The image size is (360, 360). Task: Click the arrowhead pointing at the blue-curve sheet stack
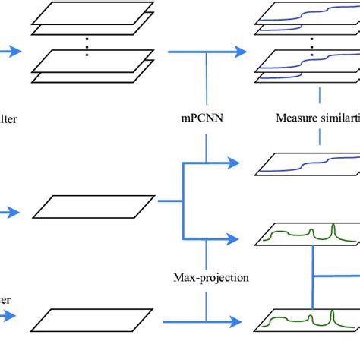tap(242, 52)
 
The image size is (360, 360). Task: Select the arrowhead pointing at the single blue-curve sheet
tap(242, 164)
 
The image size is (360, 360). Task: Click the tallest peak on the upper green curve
tap(332, 230)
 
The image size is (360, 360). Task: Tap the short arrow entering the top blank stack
tap(9, 52)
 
